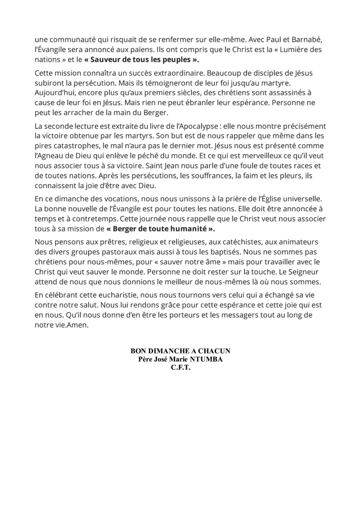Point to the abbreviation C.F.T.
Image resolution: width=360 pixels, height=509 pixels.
[180, 368]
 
